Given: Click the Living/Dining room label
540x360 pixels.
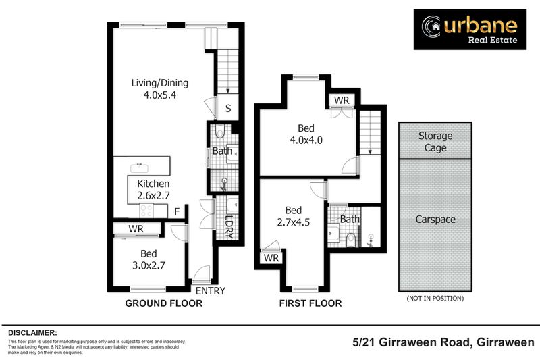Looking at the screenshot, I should [x=160, y=89].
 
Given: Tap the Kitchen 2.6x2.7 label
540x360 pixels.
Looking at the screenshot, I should [x=153, y=190].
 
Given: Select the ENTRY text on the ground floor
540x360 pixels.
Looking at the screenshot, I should [x=210, y=291].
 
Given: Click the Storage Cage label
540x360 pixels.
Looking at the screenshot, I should [x=435, y=142].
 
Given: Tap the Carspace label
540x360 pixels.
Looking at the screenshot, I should [x=435, y=220].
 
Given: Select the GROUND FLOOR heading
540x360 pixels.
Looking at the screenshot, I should [x=164, y=304].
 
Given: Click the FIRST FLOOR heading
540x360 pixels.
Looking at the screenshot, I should [x=310, y=304].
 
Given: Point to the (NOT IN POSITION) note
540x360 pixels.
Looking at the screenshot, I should [x=435, y=298].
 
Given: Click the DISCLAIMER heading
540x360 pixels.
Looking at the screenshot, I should [x=32, y=333].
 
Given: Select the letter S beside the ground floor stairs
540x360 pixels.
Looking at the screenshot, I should [x=228, y=109].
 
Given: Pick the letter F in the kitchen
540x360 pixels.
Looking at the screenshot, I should [x=176, y=212].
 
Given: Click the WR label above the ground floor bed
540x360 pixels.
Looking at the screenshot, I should [x=136, y=229].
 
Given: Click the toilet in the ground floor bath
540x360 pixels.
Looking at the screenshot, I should [x=221, y=132].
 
